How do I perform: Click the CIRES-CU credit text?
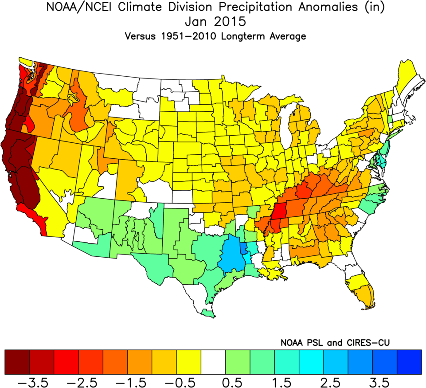pyautogui.click(x=360, y=342)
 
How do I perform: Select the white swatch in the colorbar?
pyautogui.click(x=213, y=361)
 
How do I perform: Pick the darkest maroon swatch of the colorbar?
pyautogui.click(x=17, y=361)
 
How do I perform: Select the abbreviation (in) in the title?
pyautogui.click(x=369, y=8)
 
